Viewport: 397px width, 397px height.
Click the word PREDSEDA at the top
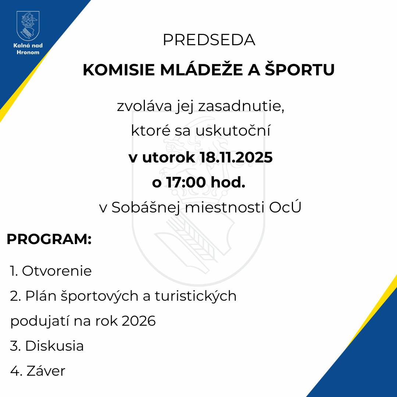(209, 40)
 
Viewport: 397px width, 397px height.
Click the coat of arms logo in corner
(28, 26)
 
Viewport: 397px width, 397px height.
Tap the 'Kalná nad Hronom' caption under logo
(28, 49)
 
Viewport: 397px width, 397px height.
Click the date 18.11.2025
(236, 158)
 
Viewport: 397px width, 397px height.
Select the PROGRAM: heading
(49, 239)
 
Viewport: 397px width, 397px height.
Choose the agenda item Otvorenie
(57, 271)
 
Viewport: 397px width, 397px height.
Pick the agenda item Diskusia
(54, 346)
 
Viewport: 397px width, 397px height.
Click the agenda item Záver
(46, 371)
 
